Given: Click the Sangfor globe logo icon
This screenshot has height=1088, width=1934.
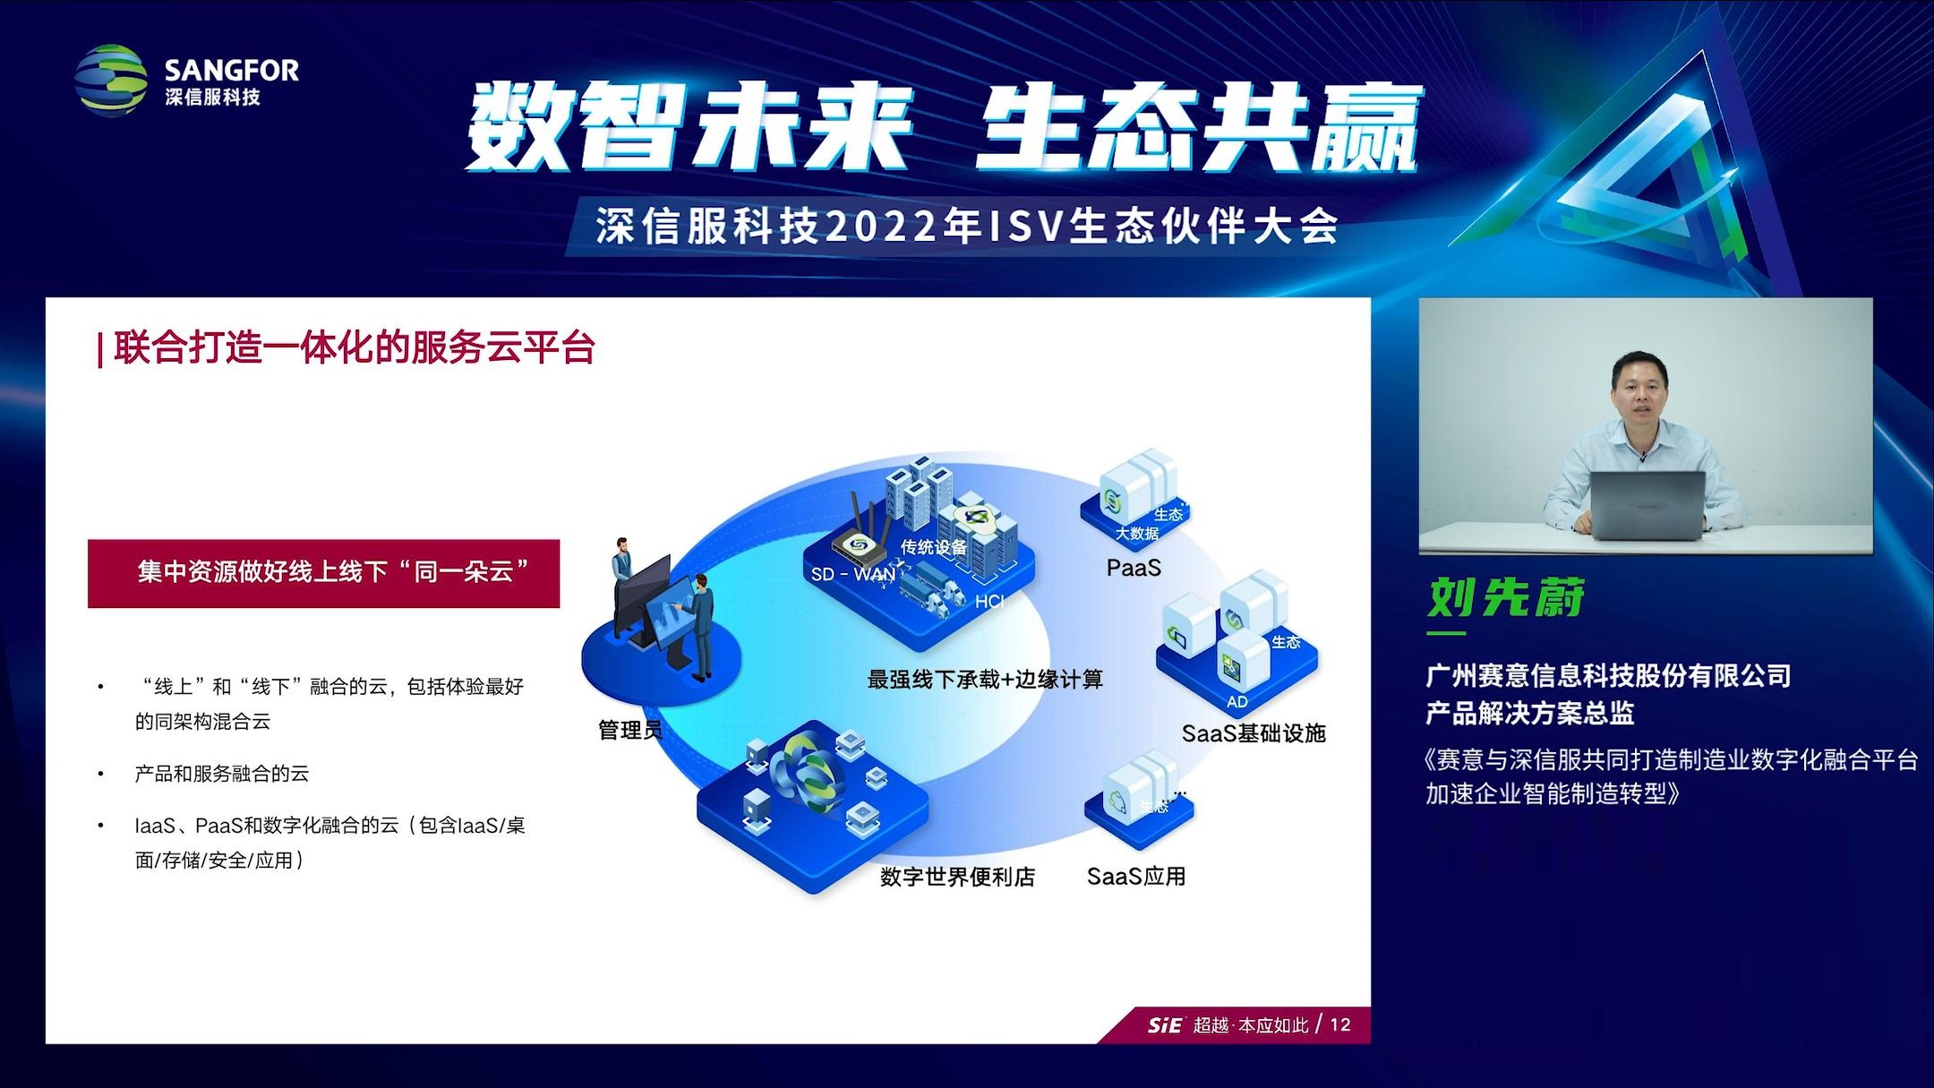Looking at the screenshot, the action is pyautogui.click(x=111, y=80).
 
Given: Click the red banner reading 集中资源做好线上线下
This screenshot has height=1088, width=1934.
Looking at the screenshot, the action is pyautogui.click(x=323, y=573).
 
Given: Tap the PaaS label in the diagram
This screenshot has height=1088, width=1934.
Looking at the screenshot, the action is pyautogui.click(x=1134, y=568).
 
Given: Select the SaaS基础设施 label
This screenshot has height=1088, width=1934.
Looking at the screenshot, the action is pyautogui.click(x=1254, y=733).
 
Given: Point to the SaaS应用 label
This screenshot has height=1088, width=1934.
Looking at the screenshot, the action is pyautogui.click(x=1136, y=876).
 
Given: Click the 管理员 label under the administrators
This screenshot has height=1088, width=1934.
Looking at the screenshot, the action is pyautogui.click(x=630, y=731).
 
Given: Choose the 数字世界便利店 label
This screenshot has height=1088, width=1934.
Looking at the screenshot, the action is pyautogui.click(x=957, y=877).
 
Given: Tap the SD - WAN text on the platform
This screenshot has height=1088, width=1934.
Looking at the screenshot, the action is pyautogui.click(x=853, y=574).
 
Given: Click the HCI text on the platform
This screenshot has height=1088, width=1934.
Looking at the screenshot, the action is pyautogui.click(x=989, y=602).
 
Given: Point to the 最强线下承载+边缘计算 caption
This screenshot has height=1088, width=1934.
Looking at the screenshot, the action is pyautogui.click(x=985, y=680).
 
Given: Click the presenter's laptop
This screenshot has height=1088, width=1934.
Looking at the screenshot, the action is pyautogui.click(x=1647, y=505).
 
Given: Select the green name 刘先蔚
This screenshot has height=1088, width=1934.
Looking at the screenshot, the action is pyautogui.click(x=1506, y=597).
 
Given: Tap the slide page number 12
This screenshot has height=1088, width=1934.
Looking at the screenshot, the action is pyautogui.click(x=1340, y=1024).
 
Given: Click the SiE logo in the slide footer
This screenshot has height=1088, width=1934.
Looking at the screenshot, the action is pyautogui.click(x=1165, y=1025).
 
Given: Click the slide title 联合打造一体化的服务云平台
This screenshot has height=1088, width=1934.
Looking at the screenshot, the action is pyautogui.click(x=355, y=347).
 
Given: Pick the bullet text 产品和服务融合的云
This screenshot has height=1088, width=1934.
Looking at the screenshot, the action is pyautogui.click(x=222, y=774).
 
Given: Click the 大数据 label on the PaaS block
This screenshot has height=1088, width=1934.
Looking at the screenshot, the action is pyautogui.click(x=1137, y=534).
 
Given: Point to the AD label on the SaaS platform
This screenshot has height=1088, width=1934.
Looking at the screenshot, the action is pyautogui.click(x=1237, y=702).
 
